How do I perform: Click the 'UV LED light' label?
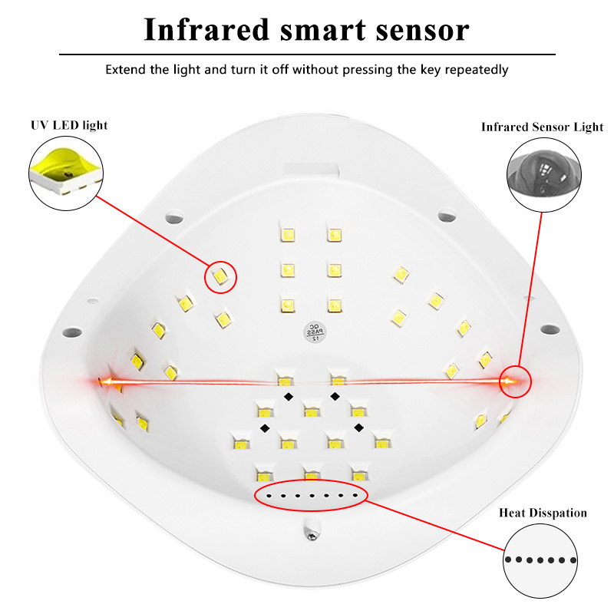69,125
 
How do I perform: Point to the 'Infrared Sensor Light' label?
542,127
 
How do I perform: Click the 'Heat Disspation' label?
543,513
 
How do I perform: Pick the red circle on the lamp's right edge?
515,380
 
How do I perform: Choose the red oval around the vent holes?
312,495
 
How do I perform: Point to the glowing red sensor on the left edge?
104,381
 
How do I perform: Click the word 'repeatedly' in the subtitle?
474,70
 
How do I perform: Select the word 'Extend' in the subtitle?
126,70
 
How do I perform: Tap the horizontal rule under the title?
307,54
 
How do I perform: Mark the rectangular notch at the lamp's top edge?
310,167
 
